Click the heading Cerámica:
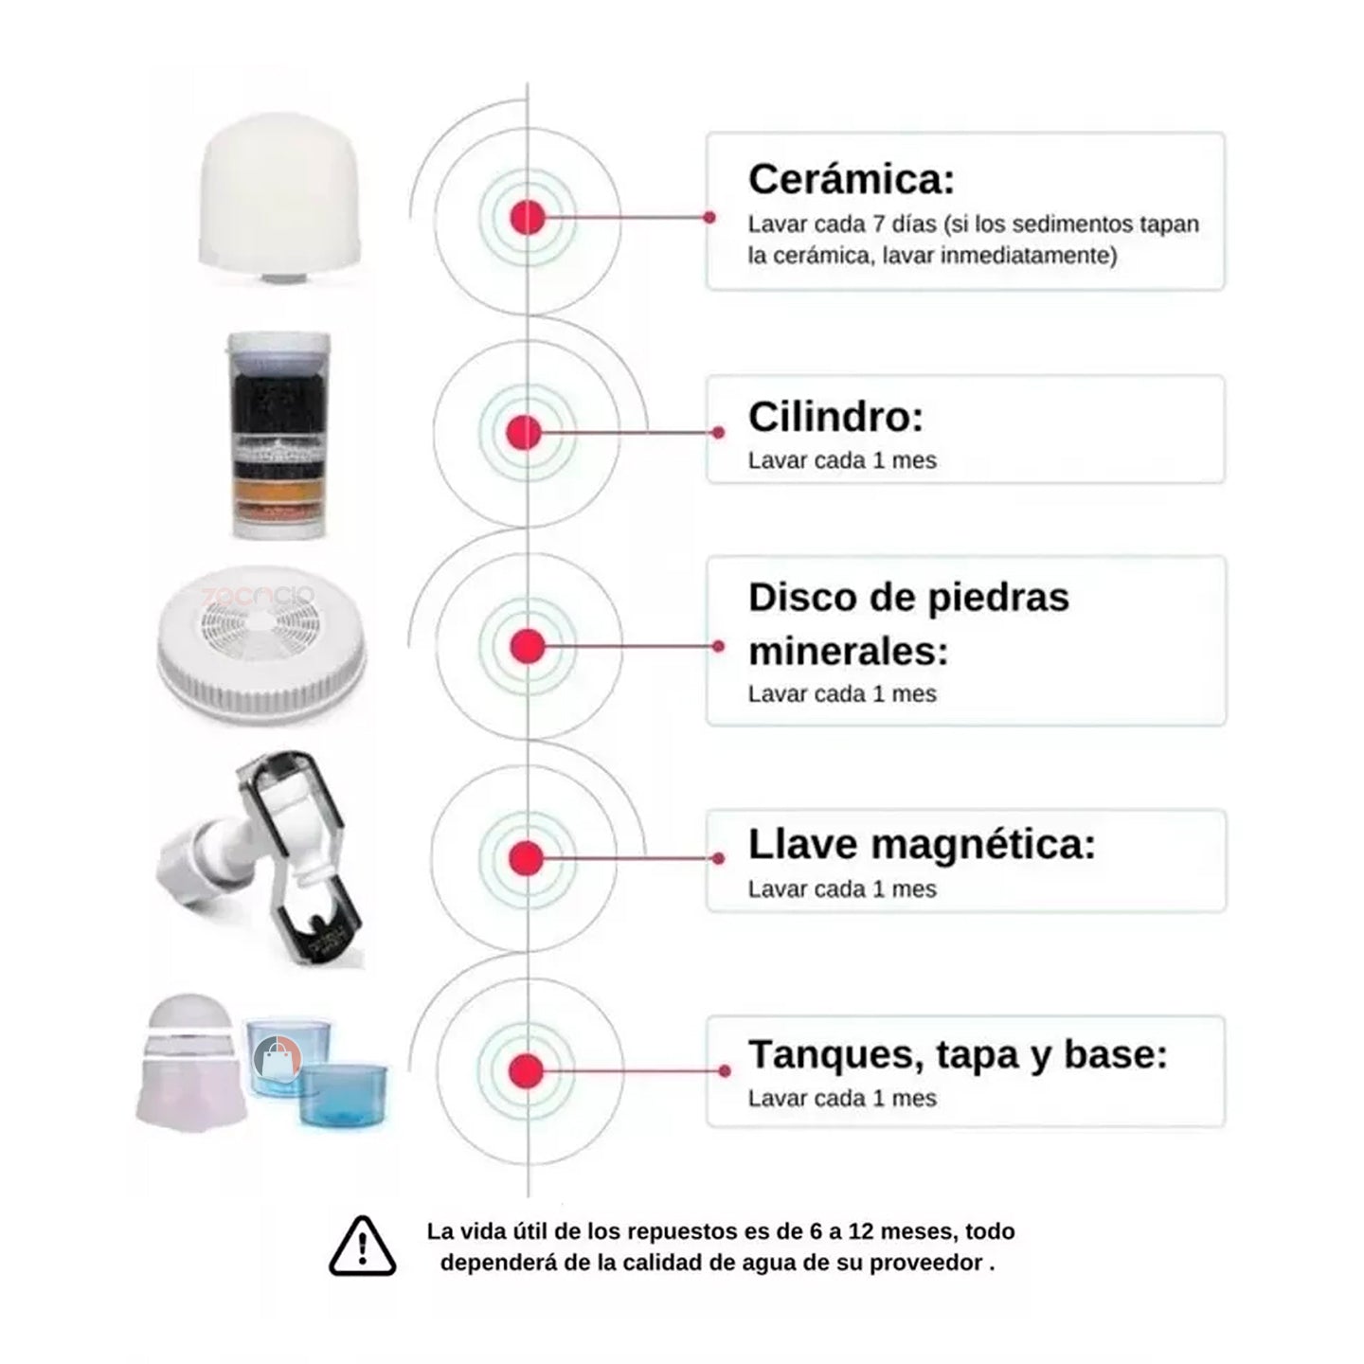point(852,180)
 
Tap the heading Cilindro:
point(836,417)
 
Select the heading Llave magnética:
point(922,844)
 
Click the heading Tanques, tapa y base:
point(958,1054)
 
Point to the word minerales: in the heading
point(848,651)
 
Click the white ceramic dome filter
point(281,198)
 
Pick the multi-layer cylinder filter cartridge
point(278,436)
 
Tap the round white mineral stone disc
point(261,644)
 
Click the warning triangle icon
point(362,1247)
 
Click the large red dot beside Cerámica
point(528,217)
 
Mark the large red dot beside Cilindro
point(524,433)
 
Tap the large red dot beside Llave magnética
point(526,858)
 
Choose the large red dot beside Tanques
point(526,1070)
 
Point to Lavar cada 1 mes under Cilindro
point(842,460)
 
